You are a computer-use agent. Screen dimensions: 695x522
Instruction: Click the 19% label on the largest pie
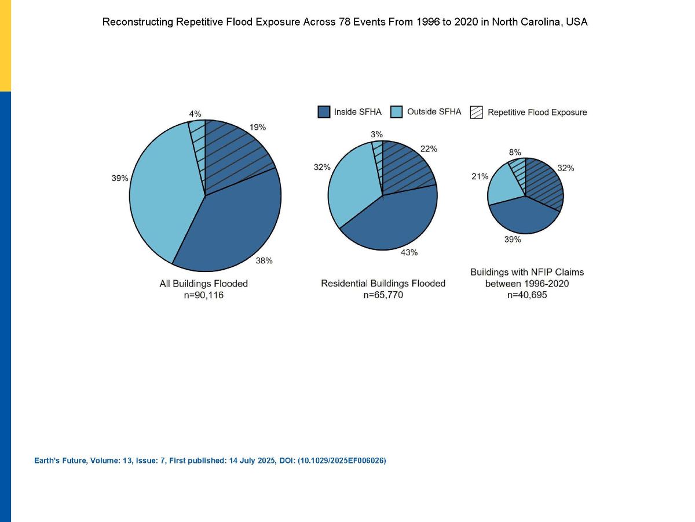[257, 128]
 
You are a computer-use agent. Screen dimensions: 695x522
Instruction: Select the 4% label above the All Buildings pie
[195, 114]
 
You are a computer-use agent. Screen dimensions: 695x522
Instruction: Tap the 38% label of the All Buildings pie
[264, 260]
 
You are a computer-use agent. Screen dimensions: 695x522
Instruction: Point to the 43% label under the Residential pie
[409, 252]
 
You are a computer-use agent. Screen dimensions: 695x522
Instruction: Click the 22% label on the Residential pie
[429, 148]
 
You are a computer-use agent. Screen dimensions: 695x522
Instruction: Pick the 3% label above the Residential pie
[377, 135]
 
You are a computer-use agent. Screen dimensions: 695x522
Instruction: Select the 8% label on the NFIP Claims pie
[515, 152]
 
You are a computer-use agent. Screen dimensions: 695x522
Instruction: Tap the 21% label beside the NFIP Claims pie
[480, 176]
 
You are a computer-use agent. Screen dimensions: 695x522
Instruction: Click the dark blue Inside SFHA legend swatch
[324, 112]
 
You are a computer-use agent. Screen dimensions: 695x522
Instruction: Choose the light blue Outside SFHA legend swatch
[396, 112]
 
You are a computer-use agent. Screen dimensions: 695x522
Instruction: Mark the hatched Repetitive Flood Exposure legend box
[477, 112]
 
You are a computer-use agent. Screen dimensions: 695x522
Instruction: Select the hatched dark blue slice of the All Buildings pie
[235, 152]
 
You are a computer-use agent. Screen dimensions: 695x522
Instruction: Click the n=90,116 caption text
[204, 295]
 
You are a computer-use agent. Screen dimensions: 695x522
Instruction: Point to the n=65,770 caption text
[383, 295]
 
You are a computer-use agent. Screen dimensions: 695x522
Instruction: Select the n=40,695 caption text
[527, 295]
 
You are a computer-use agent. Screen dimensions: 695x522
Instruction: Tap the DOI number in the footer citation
[342, 461]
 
